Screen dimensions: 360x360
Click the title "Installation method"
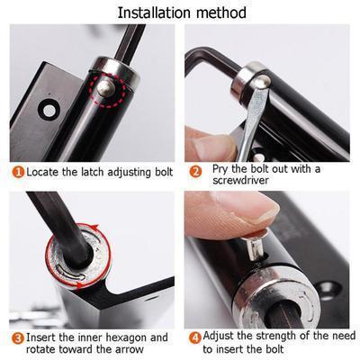tap(179, 12)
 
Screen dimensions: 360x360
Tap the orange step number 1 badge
tap(17, 171)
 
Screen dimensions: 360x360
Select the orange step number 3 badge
tap(17, 338)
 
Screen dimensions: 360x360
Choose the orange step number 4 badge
tap(195, 338)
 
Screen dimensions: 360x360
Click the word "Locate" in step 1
tap(43, 171)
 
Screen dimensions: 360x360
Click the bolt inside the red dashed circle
tap(107, 87)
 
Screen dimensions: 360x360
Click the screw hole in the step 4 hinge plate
tap(329, 289)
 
